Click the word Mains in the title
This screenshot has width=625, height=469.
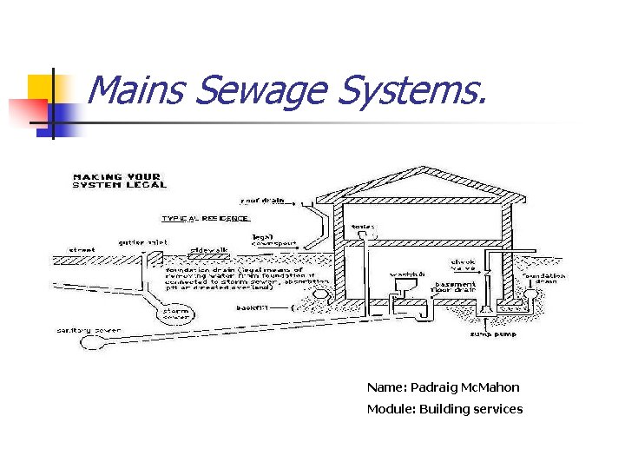(x=138, y=90)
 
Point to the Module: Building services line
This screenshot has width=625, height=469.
(x=444, y=409)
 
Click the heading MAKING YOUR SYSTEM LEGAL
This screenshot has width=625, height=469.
(x=122, y=181)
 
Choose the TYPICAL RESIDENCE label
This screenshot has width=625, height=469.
(x=206, y=218)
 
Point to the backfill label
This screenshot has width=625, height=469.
(x=251, y=307)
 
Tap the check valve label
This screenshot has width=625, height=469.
(x=463, y=264)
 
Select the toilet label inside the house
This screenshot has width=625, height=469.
(x=363, y=227)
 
